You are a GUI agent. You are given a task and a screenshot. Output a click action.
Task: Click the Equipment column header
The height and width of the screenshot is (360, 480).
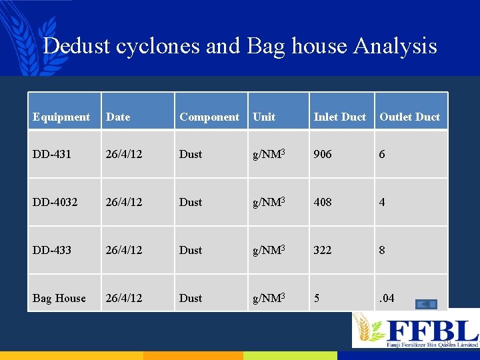(x=61, y=117)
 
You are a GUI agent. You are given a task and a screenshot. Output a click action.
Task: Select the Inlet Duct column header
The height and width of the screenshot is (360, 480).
(x=339, y=117)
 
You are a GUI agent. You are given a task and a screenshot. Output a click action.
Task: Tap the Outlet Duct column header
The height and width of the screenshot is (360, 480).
(x=409, y=117)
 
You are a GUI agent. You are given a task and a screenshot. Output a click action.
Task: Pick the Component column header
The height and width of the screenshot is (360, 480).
(x=209, y=117)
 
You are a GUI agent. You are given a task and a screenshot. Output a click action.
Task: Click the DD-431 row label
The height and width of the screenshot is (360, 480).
(x=52, y=154)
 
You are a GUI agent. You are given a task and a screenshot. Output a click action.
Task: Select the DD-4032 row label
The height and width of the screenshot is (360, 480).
(x=55, y=202)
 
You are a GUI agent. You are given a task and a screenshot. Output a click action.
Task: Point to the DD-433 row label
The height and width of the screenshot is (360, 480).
(x=52, y=250)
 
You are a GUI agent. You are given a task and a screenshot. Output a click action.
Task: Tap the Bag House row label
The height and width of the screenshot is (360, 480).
(x=59, y=298)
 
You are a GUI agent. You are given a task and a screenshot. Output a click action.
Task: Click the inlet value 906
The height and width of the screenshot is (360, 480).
(x=323, y=154)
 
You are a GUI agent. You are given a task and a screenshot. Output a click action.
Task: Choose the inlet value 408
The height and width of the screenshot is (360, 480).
(x=323, y=202)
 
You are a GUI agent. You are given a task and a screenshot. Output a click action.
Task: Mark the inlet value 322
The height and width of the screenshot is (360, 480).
(x=323, y=250)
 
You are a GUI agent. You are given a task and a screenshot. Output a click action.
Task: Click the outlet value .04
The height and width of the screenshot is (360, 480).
(x=387, y=298)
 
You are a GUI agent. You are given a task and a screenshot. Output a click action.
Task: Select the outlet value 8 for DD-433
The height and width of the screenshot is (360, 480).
(x=382, y=250)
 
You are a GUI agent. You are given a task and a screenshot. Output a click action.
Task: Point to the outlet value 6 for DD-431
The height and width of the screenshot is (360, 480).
(x=382, y=154)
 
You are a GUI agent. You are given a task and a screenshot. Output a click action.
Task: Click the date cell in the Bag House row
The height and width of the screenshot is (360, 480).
(x=123, y=298)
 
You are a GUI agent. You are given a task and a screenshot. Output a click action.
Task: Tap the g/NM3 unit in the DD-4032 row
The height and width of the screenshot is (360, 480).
(x=269, y=202)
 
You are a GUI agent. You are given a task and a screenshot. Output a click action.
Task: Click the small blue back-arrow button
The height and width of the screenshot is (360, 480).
(x=426, y=305)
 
